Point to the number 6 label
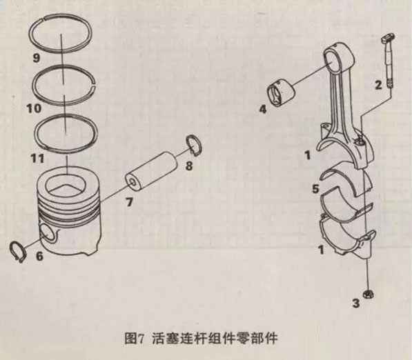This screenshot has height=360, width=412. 39,257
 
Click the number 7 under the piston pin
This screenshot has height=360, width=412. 128,202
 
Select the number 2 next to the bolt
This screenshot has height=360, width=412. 377,86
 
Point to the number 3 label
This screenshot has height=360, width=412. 356,301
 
